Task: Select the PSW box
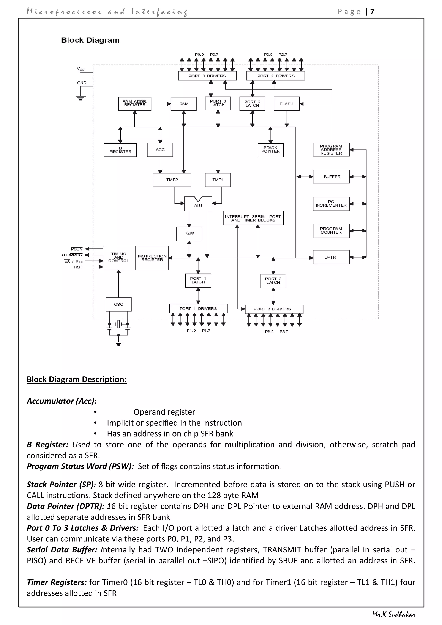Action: click(189, 234)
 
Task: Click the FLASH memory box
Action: click(286, 104)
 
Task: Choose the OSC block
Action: click(118, 304)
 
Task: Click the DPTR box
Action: click(331, 257)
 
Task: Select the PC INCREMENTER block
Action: click(331, 204)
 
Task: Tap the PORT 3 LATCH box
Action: click(273, 281)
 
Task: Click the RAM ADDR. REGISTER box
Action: click(134, 103)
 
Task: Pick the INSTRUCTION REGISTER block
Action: click(152, 258)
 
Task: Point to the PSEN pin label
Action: click(76, 249)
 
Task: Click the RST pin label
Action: click(78, 267)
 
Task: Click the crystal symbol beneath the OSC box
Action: click(118, 324)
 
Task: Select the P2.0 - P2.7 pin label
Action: click(275, 54)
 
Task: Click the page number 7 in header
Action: click(372, 11)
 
